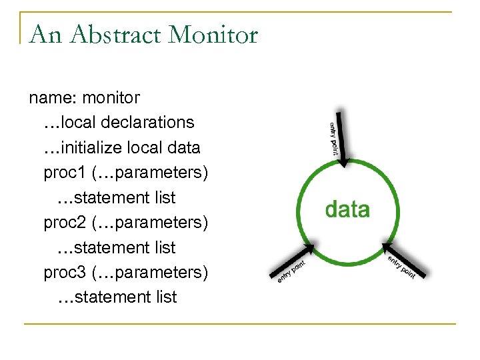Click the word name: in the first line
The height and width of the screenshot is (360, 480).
click(53, 98)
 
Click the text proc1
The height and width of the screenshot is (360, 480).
click(64, 173)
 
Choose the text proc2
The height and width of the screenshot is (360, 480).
click(64, 222)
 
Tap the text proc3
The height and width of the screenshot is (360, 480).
click(64, 272)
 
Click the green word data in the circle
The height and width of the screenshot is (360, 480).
click(347, 209)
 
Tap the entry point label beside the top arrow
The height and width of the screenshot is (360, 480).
click(333, 139)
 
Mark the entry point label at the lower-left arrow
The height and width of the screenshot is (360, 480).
click(291, 273)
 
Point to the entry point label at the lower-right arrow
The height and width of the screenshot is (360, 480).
click(401, 268)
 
